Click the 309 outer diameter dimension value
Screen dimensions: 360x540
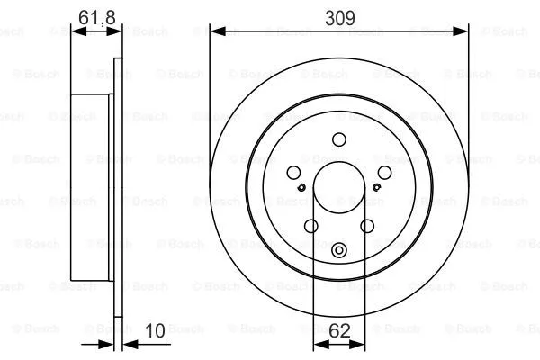click(338, 16)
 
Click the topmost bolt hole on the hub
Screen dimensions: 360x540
click(339, 139)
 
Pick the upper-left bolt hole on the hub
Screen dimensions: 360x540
click(293, 175)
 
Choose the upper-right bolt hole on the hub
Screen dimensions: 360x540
click(384, 174)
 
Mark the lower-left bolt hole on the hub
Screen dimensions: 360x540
click(311, 227)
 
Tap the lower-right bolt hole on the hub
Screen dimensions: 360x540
click(367, 227)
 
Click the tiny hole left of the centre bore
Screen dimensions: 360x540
click(302, 187)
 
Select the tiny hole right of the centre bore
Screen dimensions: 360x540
click(375, 187)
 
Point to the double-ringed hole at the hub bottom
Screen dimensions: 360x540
click(339, 251)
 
